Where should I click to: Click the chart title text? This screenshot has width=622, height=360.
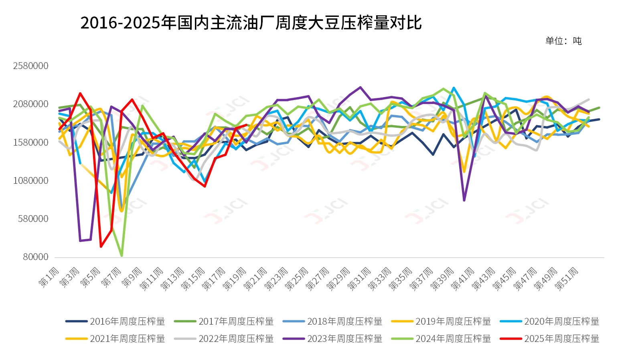[251, 23]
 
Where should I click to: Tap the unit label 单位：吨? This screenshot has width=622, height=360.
[563, 41]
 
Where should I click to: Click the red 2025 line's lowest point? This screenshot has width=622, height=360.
[101, 246]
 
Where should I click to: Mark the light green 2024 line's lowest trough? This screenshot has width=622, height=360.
[122, 256]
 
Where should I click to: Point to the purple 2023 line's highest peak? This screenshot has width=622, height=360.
[361, 87]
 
